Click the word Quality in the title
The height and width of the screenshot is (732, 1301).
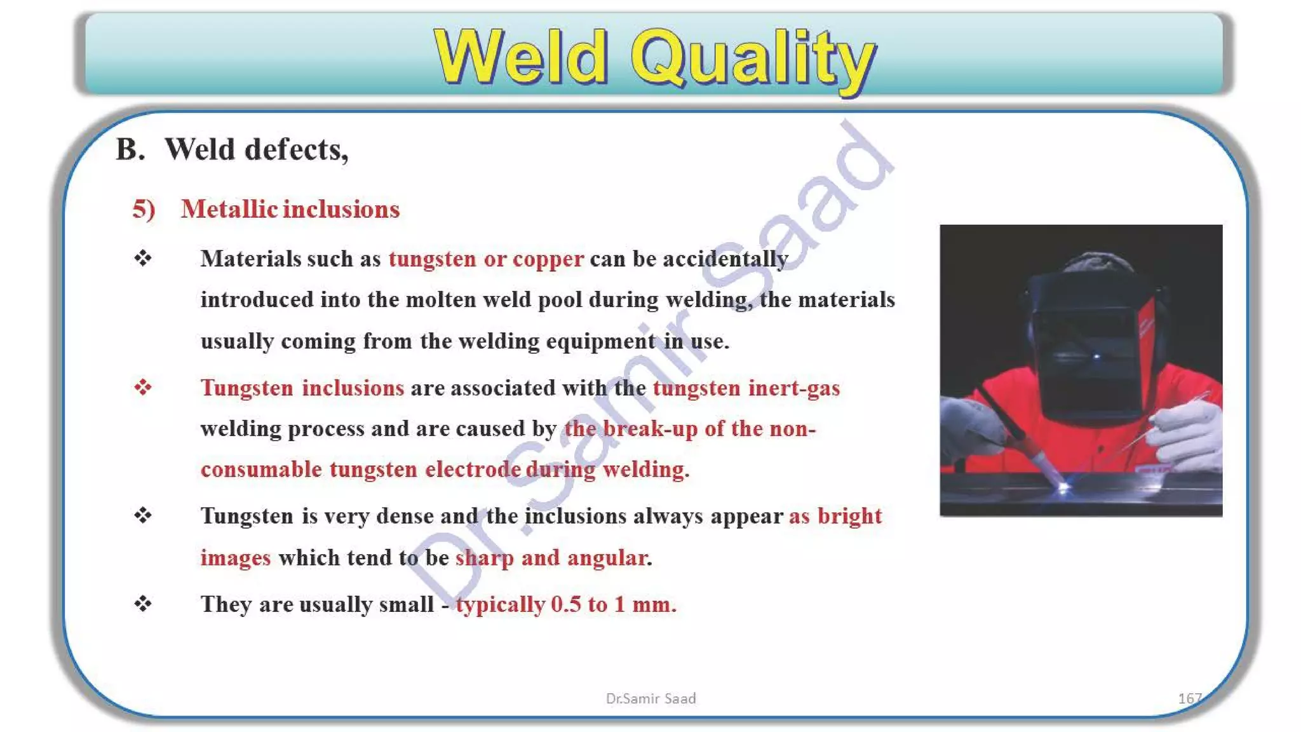pos(753,58)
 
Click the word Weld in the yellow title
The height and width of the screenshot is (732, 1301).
pos(521,58)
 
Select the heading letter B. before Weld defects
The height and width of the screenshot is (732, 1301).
pos(130,150)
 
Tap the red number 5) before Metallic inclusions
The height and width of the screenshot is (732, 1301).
pos(144,209)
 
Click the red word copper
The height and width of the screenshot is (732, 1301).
pos(548,259)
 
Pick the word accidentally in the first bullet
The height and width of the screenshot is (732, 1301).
pos(725,259)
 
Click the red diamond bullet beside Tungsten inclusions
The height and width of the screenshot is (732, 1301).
pos(143,387)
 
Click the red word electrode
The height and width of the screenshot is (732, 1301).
pos(473,469)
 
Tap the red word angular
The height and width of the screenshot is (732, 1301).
pos(607,557)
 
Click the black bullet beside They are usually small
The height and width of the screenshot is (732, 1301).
pos(143,604)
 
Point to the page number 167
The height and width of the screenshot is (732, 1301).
pos(1189,698)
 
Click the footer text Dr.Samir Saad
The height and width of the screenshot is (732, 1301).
pos(650,698)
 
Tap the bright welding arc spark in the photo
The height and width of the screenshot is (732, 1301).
pos(1063,488)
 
